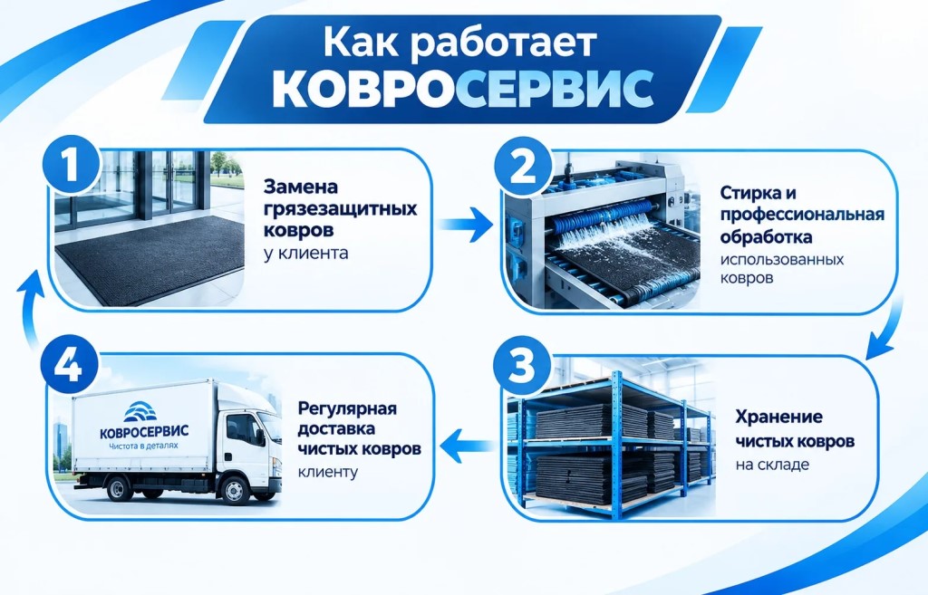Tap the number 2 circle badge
click(x=523, y=167)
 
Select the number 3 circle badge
click(x=522, y=366)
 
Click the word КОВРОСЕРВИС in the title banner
click(x=463, y=90)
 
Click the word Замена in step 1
click(x=301, y=187)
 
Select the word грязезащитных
click(x=341, y=209)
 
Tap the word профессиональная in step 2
click(x=803, y=215)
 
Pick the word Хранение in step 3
click(x=778, y=417)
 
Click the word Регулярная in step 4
click(x=347, y=409)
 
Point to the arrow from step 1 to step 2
click(x=466, y=225)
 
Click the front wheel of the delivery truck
click(x=235, y=490)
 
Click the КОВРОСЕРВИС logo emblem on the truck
click(x=140, y=411)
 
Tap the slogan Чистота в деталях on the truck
click(x=143, y=445)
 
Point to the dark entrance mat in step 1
click(x=151, y=259)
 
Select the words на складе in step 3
click(x=772, y=465)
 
